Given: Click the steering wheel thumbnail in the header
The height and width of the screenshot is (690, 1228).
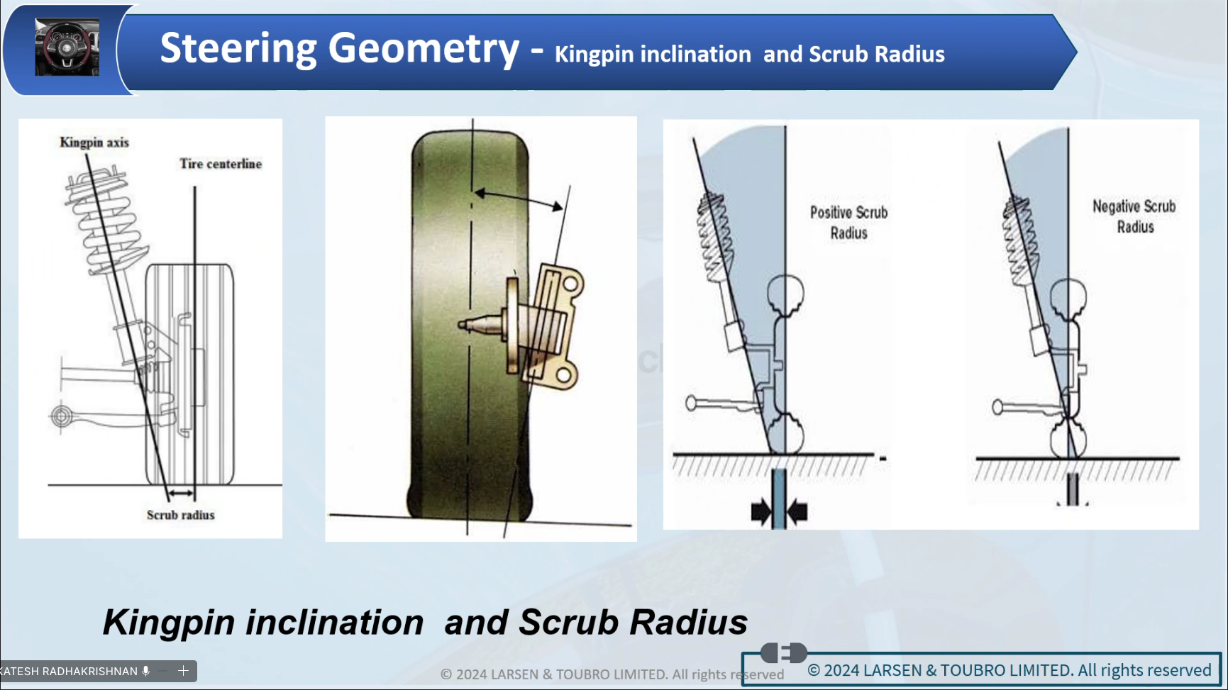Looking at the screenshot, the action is pos(67,48).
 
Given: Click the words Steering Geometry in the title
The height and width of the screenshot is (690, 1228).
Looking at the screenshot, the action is pos(340,49).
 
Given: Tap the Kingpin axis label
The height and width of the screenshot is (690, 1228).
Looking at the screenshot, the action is pos(94,142).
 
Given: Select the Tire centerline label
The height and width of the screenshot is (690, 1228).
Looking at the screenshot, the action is pos(221,164).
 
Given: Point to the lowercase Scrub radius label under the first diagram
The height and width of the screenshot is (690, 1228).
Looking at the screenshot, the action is pos(181,515).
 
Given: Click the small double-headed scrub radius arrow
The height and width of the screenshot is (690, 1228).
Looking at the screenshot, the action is pos(181,494).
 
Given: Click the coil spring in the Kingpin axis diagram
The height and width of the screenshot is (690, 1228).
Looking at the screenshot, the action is pos(106,220).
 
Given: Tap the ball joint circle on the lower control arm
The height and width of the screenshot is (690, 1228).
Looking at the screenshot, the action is pos(62,416).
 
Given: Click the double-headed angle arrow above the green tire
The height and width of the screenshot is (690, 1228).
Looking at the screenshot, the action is pos(519,199).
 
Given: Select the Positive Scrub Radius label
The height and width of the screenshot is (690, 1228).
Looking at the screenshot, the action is pos(849,223).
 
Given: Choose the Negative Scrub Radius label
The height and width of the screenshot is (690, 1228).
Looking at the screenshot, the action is pos(1134,216).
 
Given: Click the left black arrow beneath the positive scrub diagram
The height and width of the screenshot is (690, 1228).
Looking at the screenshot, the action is pos(761,511).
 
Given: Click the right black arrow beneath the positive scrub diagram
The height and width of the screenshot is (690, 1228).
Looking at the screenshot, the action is pos(797,511).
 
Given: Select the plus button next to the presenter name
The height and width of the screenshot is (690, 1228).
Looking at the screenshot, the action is pos(183,671).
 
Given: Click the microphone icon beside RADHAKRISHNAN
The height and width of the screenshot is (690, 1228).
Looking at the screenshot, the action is pos(146,671).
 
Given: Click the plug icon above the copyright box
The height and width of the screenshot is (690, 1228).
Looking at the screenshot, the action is pos(784,652).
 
